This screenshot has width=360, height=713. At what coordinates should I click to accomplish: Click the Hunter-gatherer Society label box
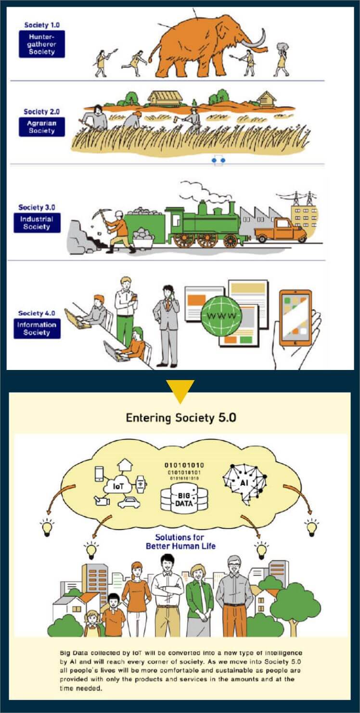click(42, 44)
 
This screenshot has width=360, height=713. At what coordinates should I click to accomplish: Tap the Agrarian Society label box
click(42, 127)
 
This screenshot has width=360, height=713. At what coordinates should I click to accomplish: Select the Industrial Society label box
click(37, 223)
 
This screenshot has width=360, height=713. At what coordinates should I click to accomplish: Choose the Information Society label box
click(37, 328)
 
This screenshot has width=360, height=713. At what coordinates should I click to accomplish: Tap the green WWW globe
click(220, 316)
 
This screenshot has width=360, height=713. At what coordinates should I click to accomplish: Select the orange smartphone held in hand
click(296, 318)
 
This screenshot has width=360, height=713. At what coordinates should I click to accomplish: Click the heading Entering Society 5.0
click(181, 417)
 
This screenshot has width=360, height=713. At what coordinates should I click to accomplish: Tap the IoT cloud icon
click(118, 486)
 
